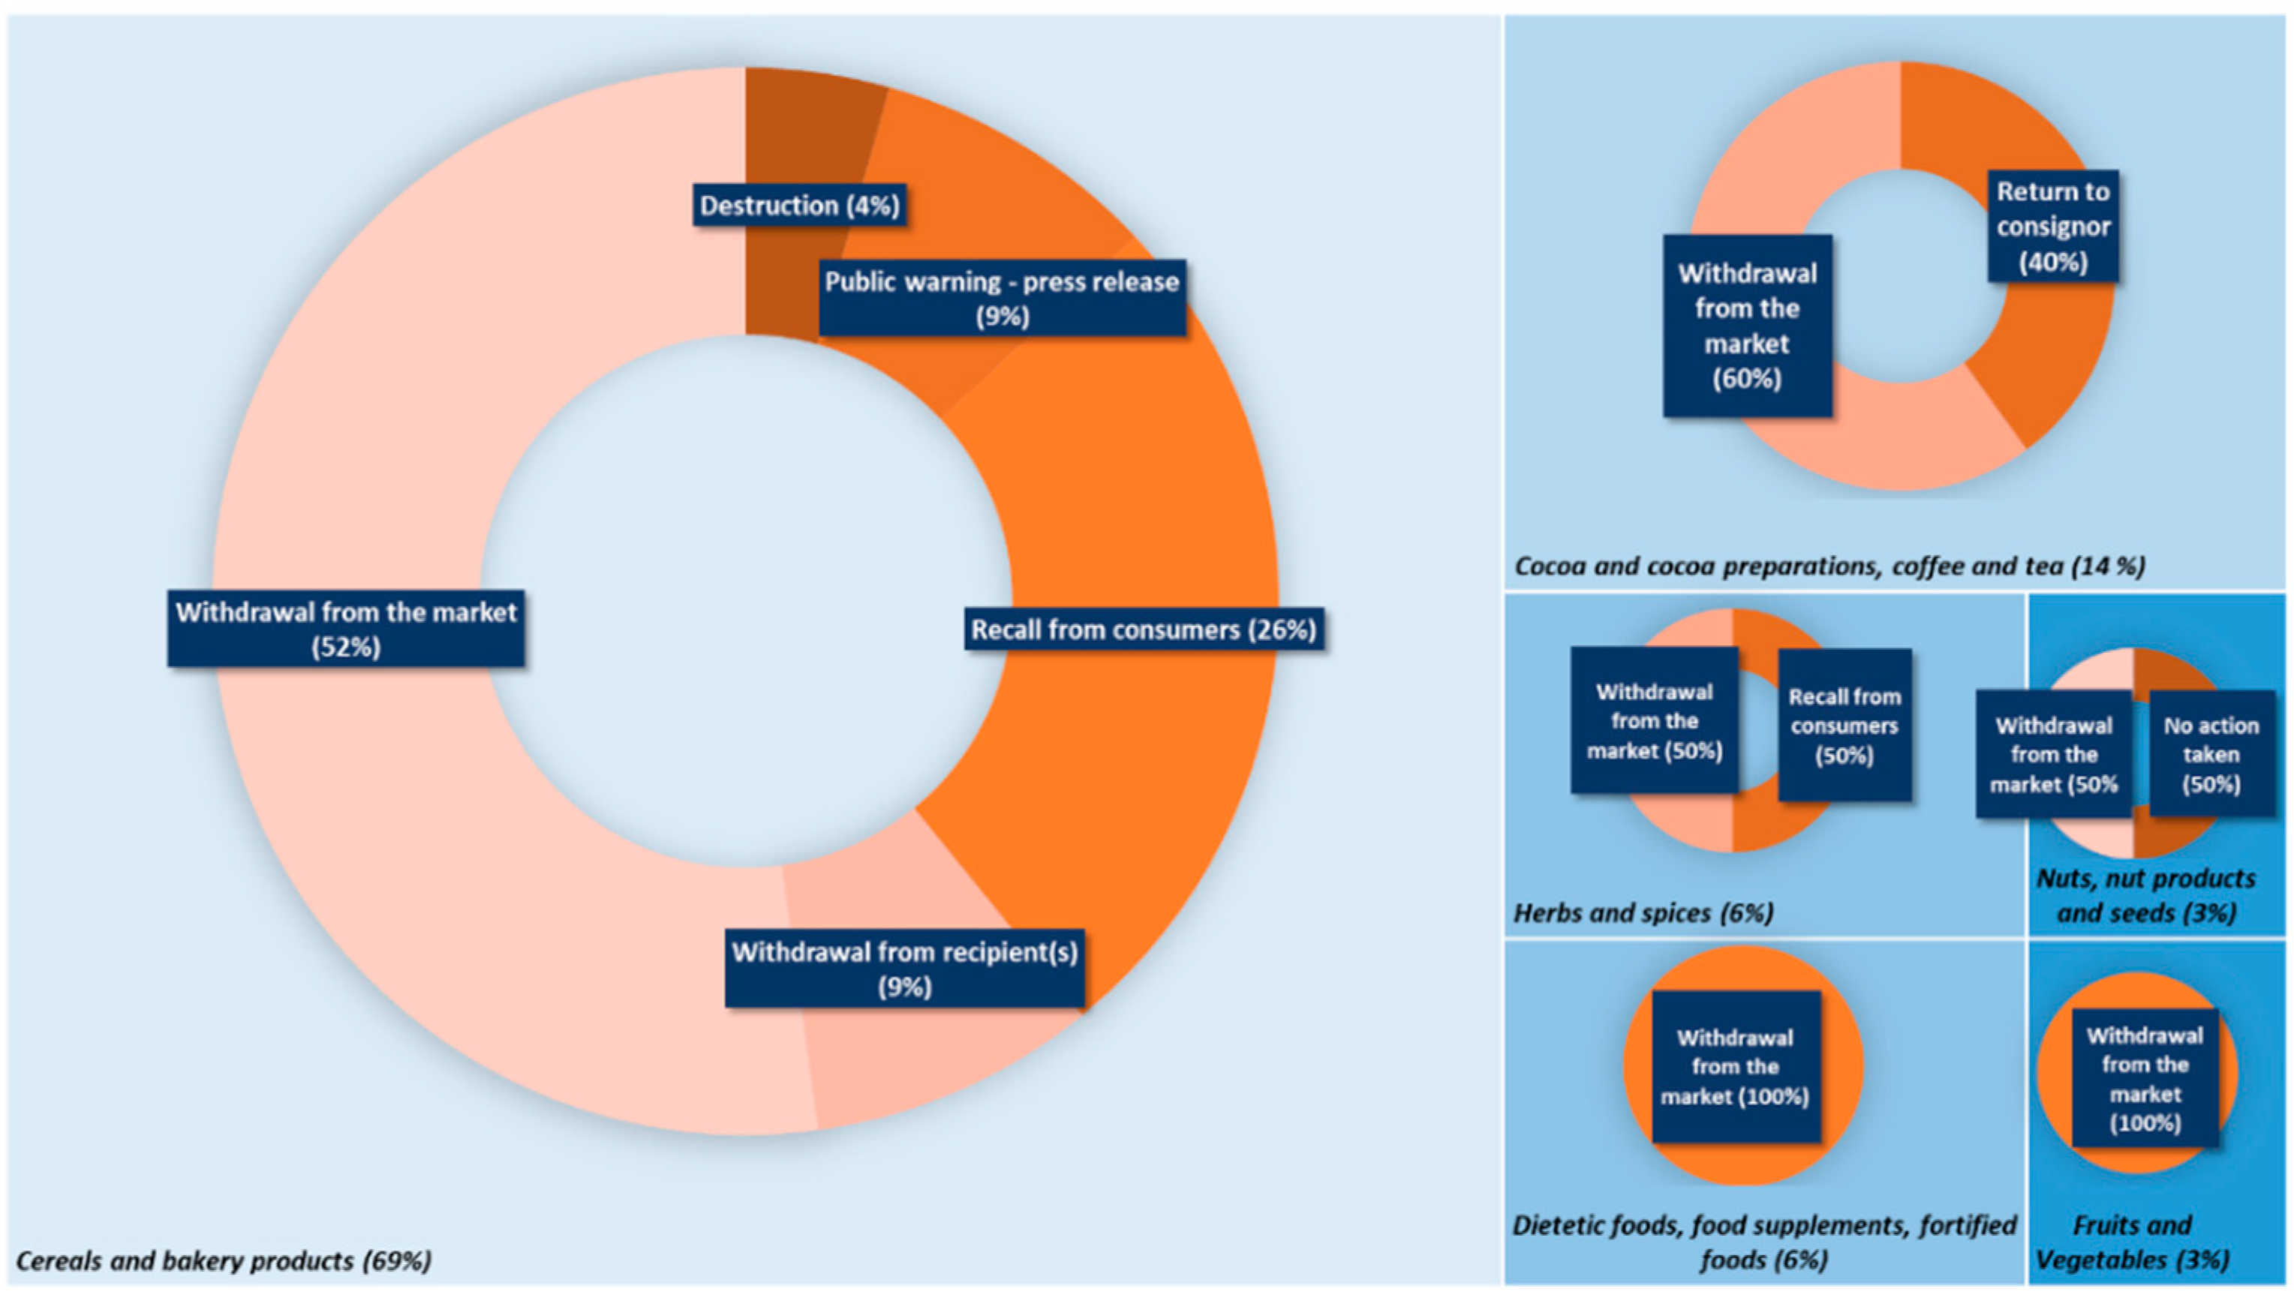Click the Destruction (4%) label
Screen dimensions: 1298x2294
tap(799, 205)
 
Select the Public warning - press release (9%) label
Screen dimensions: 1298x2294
tap(1002, 299)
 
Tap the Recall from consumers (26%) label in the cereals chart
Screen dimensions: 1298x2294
tap(1143, 629)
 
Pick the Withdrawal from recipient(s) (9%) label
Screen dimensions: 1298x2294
tap(904, 969)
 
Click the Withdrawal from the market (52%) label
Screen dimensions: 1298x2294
tap(346, 629)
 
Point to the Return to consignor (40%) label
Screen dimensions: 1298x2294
tap(2052, 227)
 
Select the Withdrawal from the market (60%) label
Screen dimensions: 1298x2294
tap(1747, 326)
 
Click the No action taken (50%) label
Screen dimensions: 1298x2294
tap(2211, 754)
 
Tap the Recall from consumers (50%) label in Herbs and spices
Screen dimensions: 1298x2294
tap(1844, 725)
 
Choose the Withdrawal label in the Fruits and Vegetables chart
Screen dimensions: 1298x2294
tap(2144, 1078)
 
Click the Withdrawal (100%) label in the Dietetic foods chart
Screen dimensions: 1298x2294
tap(1735, 1066)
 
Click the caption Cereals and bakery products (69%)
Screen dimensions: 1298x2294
tap(224, 1260)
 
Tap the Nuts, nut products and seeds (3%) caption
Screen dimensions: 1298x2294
tap(2146, 895)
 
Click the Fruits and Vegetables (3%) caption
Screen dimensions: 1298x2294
tap(2133, 1242)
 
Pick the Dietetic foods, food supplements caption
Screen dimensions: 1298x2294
tap(1763, 1242)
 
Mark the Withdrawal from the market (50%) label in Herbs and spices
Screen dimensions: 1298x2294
tap(1654, 720)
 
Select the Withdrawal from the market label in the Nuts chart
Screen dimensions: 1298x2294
tap(2053, 754)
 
